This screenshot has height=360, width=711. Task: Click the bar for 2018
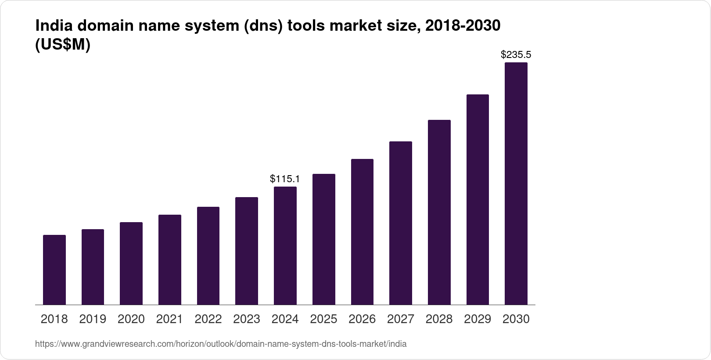pos(54,270)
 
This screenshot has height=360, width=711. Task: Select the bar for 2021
pos(170,259)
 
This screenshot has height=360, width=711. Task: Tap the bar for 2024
pos(285,245)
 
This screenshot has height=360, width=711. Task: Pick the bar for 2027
pos(401,223)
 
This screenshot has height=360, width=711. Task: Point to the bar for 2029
pos(478,199)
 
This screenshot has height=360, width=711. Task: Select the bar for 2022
pos(208,256)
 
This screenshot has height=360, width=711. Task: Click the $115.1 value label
pos(285,179)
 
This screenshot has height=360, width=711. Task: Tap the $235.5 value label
pos(516,54)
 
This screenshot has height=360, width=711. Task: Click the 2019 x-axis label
pos(93,319)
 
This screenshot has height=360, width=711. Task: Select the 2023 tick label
pos(247,319)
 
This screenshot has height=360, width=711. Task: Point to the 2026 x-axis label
pos(362,319)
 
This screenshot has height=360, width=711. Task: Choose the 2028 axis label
pos(439,319)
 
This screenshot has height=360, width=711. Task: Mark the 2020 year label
pos(131,319)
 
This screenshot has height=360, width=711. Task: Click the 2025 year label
pos(323,319)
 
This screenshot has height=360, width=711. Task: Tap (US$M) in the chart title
pos(63,45)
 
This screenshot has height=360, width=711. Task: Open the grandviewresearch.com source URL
pos(221,344)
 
